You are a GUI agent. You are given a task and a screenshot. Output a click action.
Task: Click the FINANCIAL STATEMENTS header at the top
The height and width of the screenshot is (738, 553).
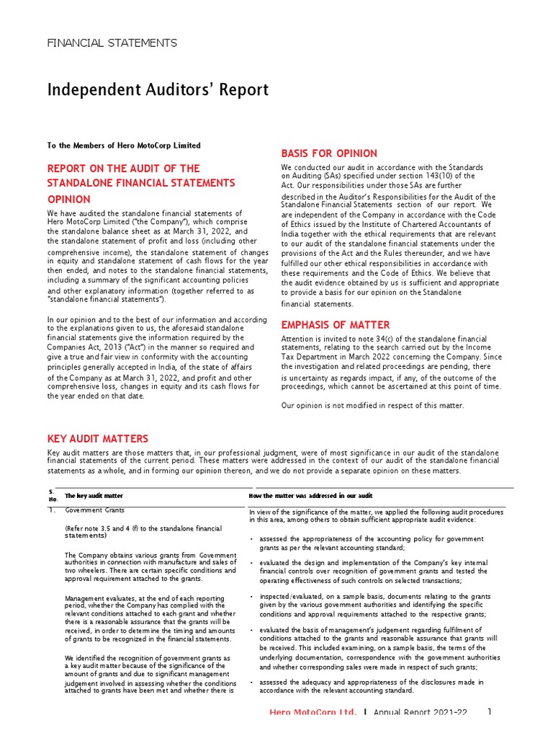click(x=112, y=43)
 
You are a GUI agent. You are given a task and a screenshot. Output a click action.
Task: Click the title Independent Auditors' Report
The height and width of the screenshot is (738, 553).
click(x=158, y=90)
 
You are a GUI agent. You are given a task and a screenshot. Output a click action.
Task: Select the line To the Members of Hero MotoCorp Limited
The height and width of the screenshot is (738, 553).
click(x=124, y=146)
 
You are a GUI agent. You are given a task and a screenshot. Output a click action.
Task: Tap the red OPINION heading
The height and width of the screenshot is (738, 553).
click(x=69, y=199)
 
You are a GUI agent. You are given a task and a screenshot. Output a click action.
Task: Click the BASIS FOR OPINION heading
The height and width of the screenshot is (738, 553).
click(x=328, y=154)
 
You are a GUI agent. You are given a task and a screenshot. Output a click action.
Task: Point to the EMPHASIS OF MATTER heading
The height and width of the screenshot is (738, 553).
click(x=335, y=325)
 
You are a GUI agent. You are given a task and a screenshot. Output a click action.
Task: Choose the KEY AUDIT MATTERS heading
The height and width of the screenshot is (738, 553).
click(x=98, y=438)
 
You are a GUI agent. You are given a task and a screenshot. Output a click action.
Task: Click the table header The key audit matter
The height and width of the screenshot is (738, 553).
click(x=94, y=496)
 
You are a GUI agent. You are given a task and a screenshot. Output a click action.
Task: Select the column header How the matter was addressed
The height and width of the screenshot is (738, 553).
click(x=310, y=496)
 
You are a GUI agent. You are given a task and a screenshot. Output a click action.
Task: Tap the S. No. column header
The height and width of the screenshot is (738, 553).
click(x=52, y=496)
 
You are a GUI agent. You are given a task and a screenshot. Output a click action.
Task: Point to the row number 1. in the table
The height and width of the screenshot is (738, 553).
click(x=51, y=510)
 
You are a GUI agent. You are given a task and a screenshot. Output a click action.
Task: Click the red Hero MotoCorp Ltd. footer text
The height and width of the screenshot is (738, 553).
click(x=313, y=712)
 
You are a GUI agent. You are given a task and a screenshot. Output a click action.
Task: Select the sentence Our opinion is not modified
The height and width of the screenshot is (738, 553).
click(x=372, y=406)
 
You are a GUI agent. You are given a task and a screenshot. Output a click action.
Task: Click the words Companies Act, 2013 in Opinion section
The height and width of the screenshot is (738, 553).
click(x=77, y=347)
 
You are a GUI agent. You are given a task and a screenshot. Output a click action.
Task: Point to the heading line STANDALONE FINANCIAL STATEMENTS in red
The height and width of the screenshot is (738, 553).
click(x=141, y=183)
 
